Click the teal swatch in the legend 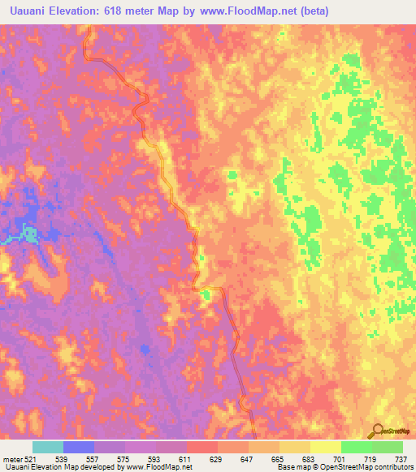click(x=48, y=447)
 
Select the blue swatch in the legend click(x=79, y=447)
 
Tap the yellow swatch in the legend click(x=326, y=447)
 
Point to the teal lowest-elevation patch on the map click(x=29, y=235)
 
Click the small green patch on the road click(x=206, y=294)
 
